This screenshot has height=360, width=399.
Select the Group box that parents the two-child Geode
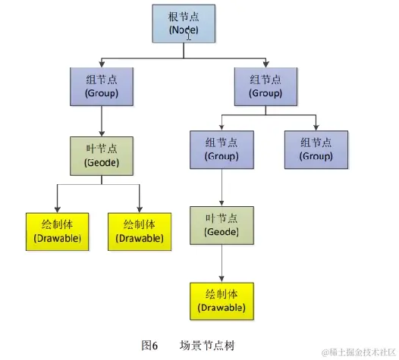[101, 85]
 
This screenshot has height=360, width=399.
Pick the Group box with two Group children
[265, 85]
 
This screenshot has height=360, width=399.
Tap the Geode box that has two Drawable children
[101, 155]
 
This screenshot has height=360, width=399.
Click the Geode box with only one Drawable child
[221, 224]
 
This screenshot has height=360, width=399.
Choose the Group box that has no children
[316, 149]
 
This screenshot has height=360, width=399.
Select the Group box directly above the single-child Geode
[221, 149]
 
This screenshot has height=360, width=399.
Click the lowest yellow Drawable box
[221, 300]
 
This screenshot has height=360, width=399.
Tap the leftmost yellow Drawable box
[57, 231]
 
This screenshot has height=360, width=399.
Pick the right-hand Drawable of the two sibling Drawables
[140, 231]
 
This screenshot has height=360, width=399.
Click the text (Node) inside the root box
[183, 30]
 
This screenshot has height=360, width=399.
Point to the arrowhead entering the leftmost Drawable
[57, 209]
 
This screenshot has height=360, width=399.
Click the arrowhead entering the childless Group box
[316, 127]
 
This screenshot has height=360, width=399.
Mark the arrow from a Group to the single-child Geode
[221, 186]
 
